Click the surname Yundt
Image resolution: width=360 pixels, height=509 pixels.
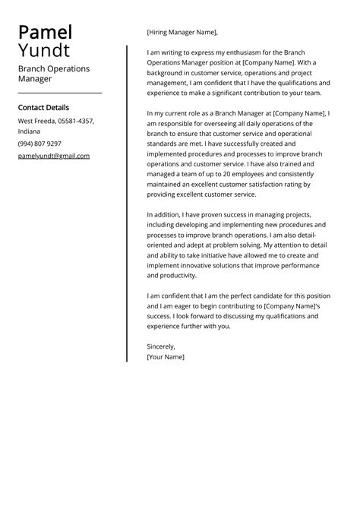(44, 50)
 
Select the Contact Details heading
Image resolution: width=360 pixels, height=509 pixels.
(43, 107)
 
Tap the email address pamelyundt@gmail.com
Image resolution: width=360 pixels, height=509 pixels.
(53, 156)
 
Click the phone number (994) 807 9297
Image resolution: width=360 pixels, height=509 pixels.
(39, 144)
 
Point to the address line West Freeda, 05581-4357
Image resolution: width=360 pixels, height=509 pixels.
(56, 121)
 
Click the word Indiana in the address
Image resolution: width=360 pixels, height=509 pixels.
(30, 131)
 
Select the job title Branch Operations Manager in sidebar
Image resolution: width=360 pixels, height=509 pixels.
(53, 73)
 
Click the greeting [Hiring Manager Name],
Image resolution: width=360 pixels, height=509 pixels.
(182, 32)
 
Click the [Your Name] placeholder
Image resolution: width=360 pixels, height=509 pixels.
(165, 356)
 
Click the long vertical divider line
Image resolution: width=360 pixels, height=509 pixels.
(126, 204)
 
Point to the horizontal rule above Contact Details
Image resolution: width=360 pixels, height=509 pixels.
(59, 93)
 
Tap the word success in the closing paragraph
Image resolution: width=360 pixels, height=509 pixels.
(160, 315)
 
